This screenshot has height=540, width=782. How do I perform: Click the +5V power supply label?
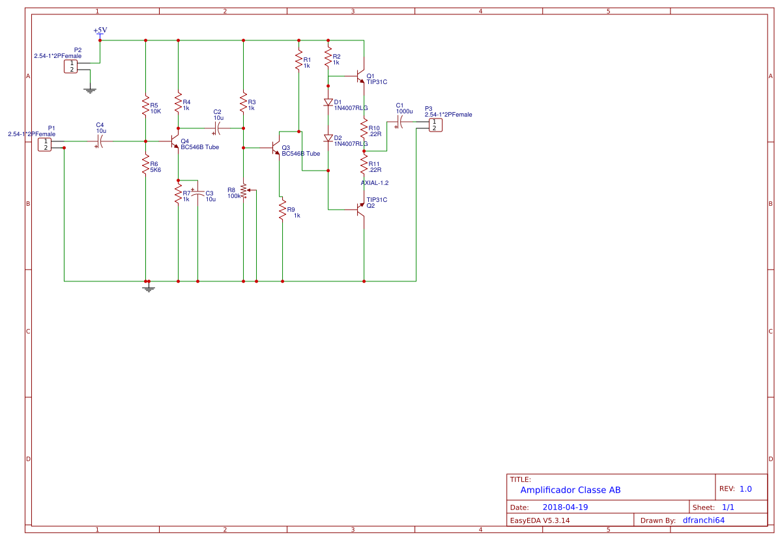tap(100, 31)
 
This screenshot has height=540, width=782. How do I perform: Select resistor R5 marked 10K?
tap(145, 107)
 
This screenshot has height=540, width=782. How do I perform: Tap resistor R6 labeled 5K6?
tap(145, 167)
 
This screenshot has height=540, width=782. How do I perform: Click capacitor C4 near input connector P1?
tap(100, 141)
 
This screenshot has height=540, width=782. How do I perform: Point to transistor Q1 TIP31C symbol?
tap(360, 77)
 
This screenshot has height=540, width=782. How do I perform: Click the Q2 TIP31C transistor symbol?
tap(360, 209)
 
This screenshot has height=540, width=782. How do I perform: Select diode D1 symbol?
tap(328, 102)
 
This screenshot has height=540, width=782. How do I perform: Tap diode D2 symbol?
tap(328, 138)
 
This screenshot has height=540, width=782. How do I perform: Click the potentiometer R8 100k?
tap(244, 192)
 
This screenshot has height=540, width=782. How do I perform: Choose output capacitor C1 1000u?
tap(400, 122)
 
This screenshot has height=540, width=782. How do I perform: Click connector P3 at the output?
tap(435, 124)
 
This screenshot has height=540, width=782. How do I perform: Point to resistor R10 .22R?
tap(364, 129)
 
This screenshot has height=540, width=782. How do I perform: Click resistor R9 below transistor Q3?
tap(282, 211)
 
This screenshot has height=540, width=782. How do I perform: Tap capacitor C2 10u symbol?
tap(218, 128)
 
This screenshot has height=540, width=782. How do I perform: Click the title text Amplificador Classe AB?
tap(570, 490)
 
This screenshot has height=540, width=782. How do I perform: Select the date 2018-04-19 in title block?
tap(565, 507)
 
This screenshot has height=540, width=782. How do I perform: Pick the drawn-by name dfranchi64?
tap(703, 520)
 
